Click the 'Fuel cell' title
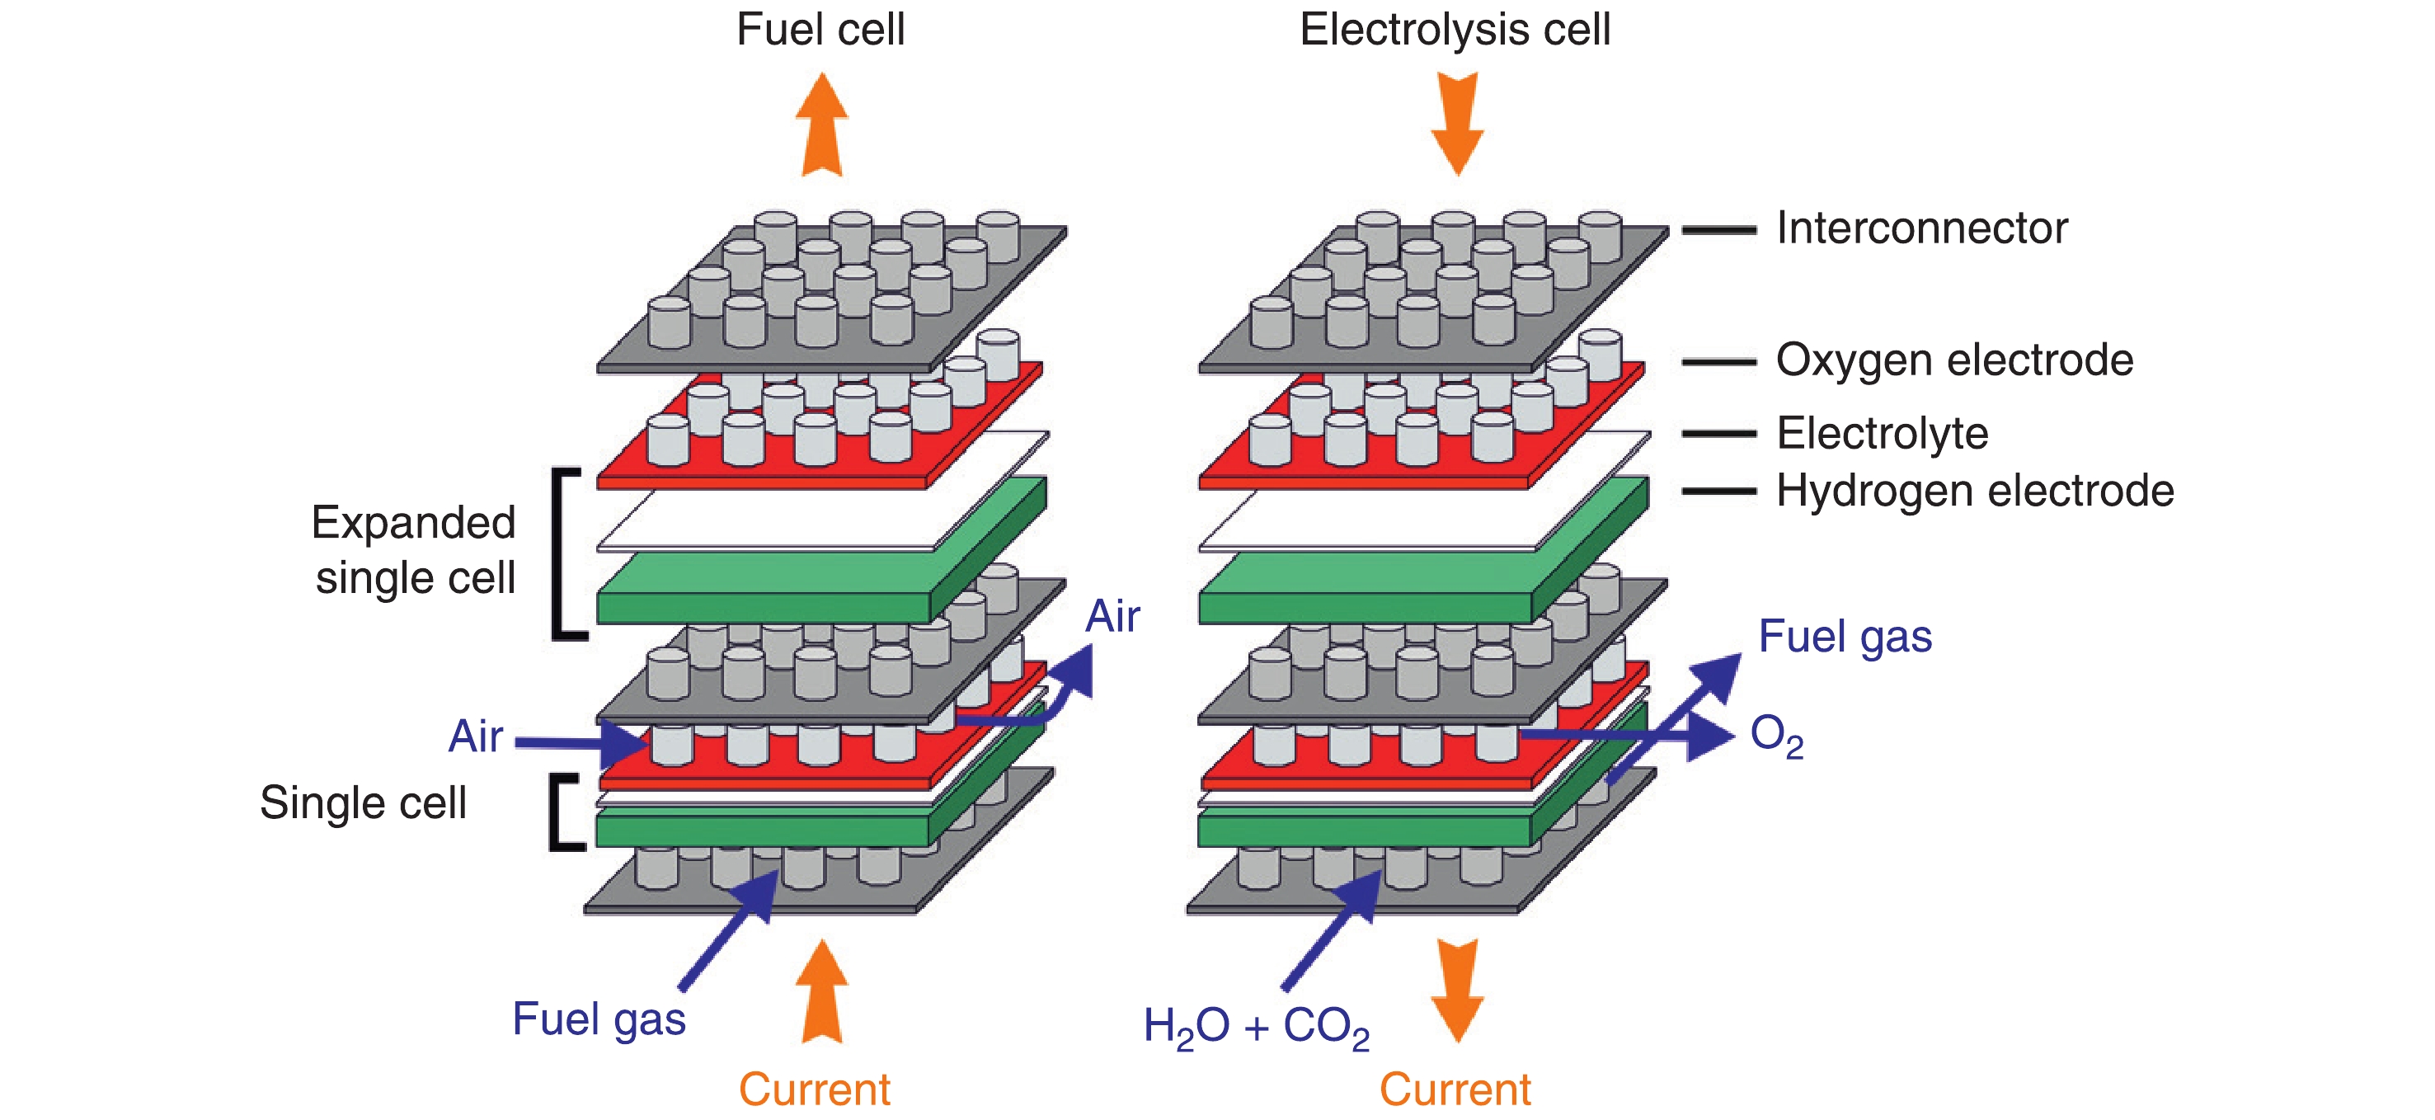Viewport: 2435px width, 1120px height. (x=820, y=31)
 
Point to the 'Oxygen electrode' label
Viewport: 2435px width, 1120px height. (x=1954, y=361)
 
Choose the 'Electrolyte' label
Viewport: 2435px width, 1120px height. (x=1881, y=434)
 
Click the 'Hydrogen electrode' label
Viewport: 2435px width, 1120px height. (x=1975, y=492)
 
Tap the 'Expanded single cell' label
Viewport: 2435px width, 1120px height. (x=414, y=550)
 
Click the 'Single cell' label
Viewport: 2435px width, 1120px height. (x=363, y=803)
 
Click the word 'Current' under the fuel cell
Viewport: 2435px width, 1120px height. (x=814, y=1089)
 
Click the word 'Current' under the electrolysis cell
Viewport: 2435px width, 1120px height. (x=1454, y=1089)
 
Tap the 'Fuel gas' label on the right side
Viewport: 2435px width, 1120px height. (x=1845, y=637)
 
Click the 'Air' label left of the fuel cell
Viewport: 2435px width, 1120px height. (x=476, y=736)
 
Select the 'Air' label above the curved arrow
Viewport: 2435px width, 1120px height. (x=1112, y=617)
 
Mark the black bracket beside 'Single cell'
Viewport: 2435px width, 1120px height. (x=562, y=813)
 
